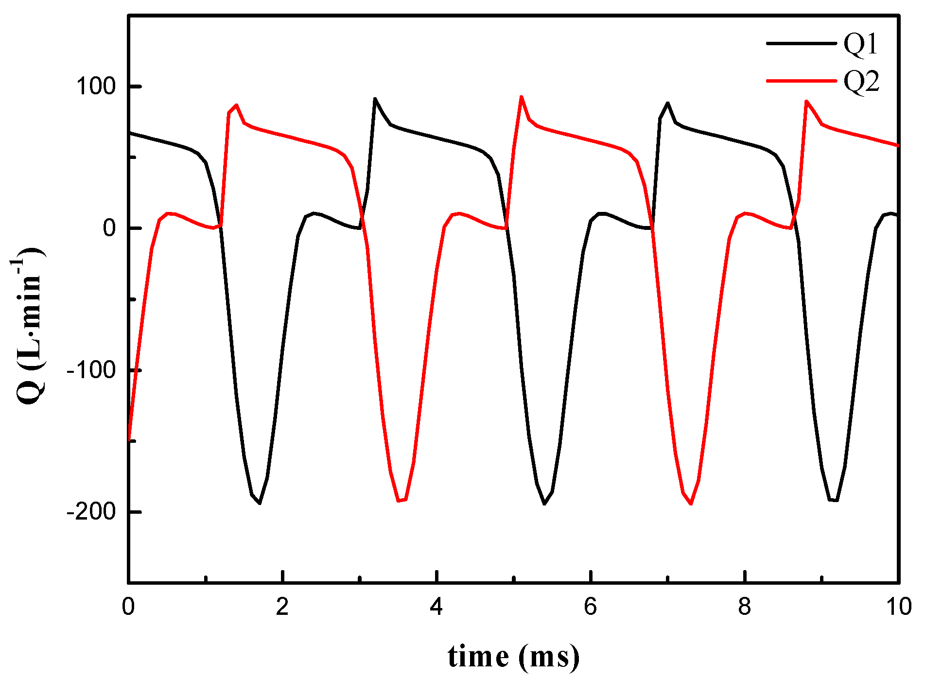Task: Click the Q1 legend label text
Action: click(x=861, y=44)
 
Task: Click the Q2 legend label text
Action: click(x=861, y=81)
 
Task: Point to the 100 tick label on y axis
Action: click(x=95, y=87)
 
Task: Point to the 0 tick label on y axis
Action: click(x=109, y=228)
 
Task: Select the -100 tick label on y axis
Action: click(x=91, y=370)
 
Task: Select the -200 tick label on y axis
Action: click(x=91, y=511)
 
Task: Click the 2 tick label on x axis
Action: click(x=282, y=607)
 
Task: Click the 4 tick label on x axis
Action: click(x=436, y=607)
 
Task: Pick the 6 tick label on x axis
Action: click(x=591, y=607)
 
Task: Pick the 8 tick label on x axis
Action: click(x=745, y=607)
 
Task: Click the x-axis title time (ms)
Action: click(x=513, y=657)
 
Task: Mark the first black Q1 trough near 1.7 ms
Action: click(x=260, y=503)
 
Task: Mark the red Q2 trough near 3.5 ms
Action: click(x=399, y=500)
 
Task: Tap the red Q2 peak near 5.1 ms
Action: click(x=521, y=97)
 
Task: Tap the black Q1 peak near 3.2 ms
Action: click(x=375, y=99)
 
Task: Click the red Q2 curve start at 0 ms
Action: click(x=129, y=439)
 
